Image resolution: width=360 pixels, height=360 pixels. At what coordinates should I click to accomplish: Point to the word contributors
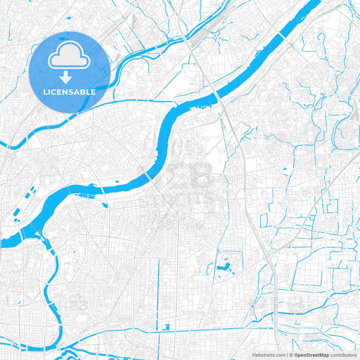click(343, 354)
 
